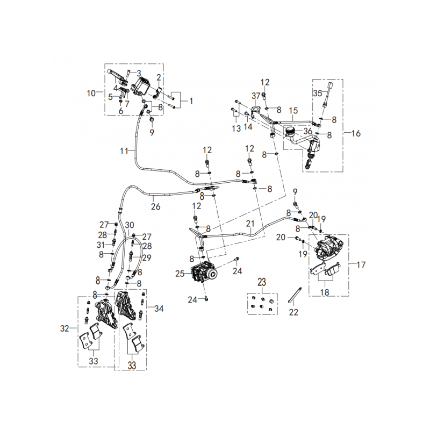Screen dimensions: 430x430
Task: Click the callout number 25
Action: coord(180,274)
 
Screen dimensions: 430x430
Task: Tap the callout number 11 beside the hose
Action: coord(124,151)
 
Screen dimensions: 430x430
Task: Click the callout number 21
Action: coord(250,223)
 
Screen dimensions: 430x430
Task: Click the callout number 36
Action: coord(308,130)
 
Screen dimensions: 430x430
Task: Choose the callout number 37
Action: coord(256,95)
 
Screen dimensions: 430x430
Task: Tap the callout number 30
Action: coord(130,225)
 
